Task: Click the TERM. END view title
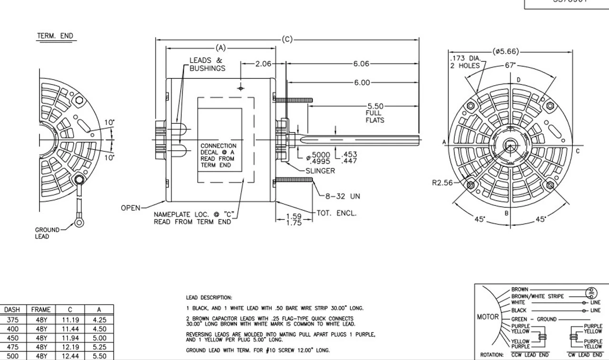55,36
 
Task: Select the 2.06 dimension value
263,64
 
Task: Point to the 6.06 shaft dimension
361,64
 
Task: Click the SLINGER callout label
320,171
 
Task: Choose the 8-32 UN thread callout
343,196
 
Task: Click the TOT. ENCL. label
336,213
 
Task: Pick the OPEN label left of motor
131,208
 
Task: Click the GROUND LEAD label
47,233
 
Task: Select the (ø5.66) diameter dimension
506,51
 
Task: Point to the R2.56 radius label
442,183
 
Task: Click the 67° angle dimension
510,66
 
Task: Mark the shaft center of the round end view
510,143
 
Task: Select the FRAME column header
40,310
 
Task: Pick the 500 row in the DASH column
12,356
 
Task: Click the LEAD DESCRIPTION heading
209,298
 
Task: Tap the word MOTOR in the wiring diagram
488,317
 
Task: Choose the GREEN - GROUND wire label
533,319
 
